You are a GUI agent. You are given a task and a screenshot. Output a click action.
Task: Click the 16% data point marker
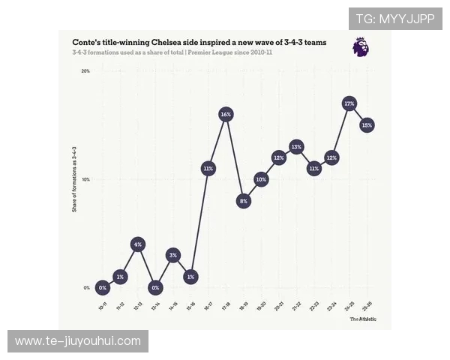[226, 114]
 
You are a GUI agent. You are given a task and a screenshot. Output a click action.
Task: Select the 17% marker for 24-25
[349, 103]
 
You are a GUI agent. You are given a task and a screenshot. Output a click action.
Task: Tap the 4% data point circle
[137, 244]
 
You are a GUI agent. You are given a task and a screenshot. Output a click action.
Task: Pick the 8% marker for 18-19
[244, 201]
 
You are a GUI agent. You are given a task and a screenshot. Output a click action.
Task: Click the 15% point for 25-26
[367, 125]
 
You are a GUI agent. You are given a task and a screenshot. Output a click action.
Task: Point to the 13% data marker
[296, 147]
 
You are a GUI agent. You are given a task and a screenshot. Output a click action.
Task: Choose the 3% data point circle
[172, 256]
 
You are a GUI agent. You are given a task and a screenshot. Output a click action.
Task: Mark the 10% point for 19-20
[261, 179]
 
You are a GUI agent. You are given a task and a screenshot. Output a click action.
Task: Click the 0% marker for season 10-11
[103, 288]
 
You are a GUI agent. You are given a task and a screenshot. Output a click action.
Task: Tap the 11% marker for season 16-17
[208, 169]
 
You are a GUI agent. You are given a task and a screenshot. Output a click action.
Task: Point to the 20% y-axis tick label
[85, 71]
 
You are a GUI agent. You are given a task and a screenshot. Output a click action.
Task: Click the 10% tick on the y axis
[85, 179]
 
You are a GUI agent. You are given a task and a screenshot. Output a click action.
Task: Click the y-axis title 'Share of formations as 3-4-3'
[74, 180]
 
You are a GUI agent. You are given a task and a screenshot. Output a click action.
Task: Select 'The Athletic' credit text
[363, 319]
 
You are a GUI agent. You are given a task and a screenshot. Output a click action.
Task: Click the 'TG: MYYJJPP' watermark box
[394, 19]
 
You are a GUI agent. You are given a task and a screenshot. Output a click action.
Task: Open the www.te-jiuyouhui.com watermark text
[78, 341]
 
